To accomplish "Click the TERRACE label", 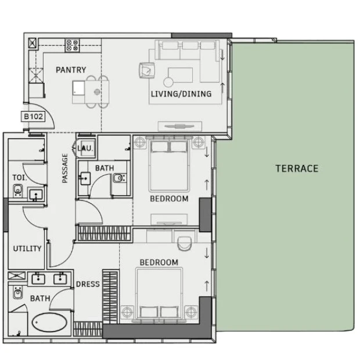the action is tap(297, 168).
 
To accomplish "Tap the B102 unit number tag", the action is tap(33, 116).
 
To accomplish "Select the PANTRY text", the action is tap(71, 70).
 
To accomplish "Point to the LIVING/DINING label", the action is tap(181, 94).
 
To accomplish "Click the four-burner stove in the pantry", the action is tap(73, 45).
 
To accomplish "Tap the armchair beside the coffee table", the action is tap(147, 70).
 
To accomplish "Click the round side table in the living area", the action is tap(168, 82).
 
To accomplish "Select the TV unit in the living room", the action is tap(180, 126).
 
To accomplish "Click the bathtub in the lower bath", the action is tap(49, 323).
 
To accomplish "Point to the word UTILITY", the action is tap(27, 249).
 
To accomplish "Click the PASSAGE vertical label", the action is tap(65, 168).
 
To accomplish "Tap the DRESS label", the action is tap(88, 285).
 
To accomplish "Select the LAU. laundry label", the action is tap(85, 148).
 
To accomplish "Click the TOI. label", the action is tap(20, 178).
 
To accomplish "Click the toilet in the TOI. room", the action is tap(17, 190).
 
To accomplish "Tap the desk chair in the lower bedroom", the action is tap(185, 243).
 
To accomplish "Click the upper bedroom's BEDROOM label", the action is tap(169, 199).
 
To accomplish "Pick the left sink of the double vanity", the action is tap(38, 279).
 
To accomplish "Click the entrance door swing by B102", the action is tap(44, 115).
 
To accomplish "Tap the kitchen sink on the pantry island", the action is tap(78, 88).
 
